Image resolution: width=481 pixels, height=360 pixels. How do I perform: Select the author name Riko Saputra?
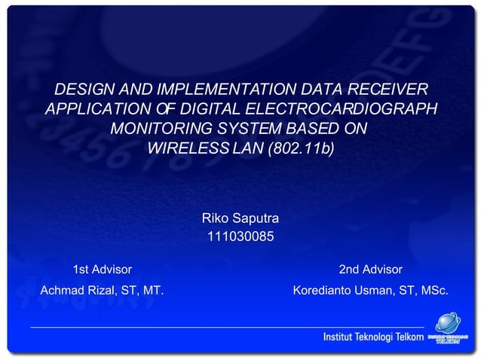pyautogui.click(x=240, y=218)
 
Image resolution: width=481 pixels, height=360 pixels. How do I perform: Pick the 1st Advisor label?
pyautogui.click(x=102, y=270)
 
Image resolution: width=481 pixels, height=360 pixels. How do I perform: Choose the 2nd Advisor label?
pyautogui.click(x=370, y=270)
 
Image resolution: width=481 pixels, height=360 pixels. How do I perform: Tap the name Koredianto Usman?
pyautogui.click(x=335, y=290)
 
